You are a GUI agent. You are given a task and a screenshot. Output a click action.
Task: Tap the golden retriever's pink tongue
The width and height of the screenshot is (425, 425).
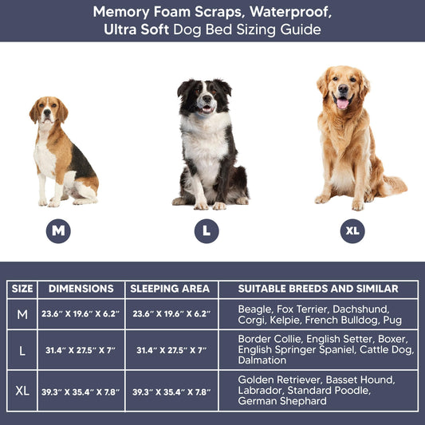[x=343, y=103]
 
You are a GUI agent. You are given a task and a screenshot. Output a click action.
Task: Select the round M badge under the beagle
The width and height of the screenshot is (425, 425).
[x=57, y=231]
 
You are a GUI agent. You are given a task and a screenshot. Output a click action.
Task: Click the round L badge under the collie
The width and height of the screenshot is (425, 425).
[x=207, y=231]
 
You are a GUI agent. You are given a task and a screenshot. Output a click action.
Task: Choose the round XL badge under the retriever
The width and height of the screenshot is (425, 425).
[x=352, y=231]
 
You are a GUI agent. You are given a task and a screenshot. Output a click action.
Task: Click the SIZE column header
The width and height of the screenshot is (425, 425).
[x=22, y=289]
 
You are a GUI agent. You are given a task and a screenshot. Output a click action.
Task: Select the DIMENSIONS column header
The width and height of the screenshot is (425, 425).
[x=81, y=289]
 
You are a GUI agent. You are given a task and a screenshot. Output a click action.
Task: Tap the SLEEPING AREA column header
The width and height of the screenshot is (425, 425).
[x=170, y=289]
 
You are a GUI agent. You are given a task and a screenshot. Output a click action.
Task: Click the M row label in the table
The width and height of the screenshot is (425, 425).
[x=22, y=314]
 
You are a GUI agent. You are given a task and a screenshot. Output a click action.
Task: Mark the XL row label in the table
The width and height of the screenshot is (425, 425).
[x=22, y=391]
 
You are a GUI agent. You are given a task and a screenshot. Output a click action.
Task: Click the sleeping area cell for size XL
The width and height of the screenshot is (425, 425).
[x=170, y=391]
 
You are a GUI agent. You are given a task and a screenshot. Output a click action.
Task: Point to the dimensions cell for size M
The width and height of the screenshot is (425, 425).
[x=81, y=314]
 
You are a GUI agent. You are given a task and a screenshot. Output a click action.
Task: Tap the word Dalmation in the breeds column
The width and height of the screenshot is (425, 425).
[x=262, y=360]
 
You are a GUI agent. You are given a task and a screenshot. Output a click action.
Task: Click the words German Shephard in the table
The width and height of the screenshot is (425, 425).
[x=282, y=401]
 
